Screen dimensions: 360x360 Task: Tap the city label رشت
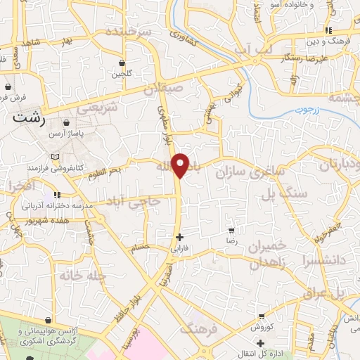click(x=29, y=120)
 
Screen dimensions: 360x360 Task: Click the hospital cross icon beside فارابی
click(x=181, y=238)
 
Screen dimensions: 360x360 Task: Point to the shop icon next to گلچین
click(x=122, y=63)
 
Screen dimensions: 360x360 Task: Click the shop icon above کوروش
click(x=262, y=317)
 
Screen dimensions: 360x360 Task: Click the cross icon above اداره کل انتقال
click(x=260, y=343)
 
